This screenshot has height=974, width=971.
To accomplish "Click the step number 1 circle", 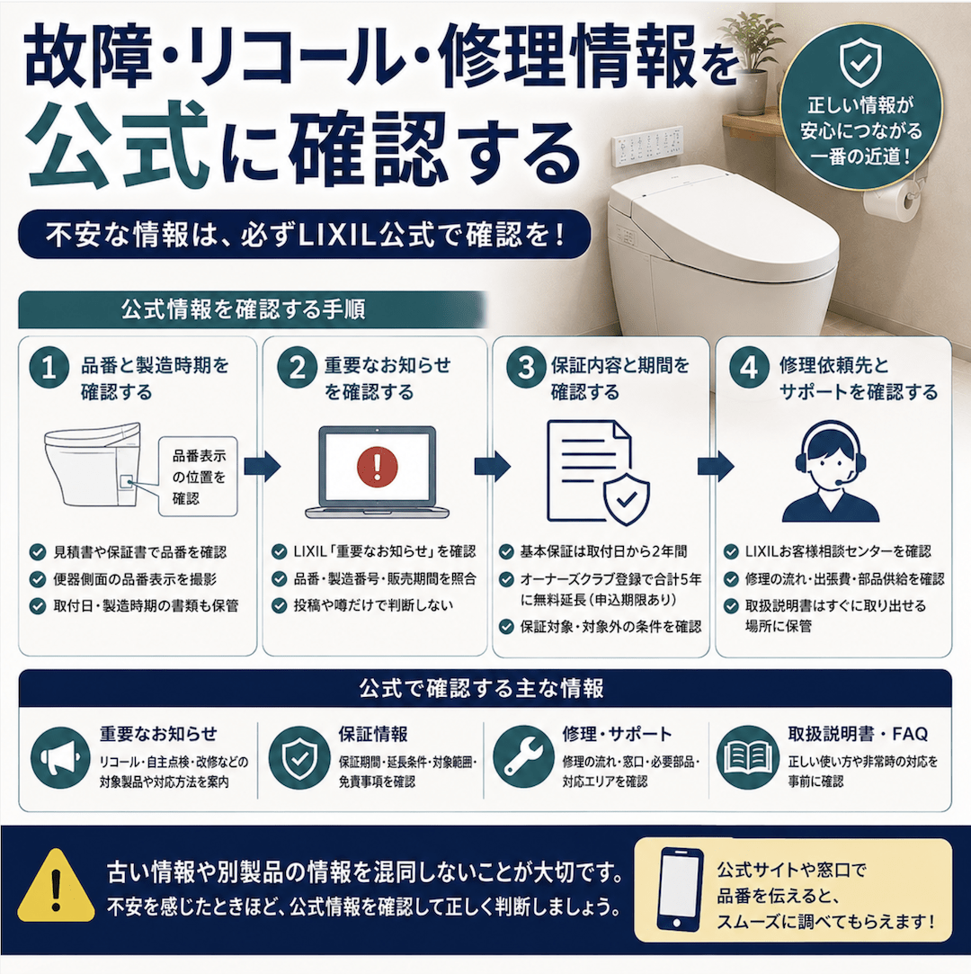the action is [x=49, y=368].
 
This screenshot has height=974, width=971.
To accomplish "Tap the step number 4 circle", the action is [x=749, y=368].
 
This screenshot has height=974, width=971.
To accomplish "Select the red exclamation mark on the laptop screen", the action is [x=377, y=466].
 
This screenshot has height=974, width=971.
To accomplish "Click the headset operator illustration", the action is [x=831, y=471].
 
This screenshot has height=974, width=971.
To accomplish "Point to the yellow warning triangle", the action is [x=56, y=886].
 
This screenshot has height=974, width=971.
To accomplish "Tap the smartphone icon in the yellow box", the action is [x=680, y=889].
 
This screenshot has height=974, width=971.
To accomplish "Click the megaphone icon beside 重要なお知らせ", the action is [x=60, y=758].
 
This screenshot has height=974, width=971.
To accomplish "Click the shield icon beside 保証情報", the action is [x=299, y=757].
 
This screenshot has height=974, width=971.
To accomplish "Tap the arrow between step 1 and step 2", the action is [x=262, y=466].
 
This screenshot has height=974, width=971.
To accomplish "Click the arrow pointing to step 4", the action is [x=716, y=466].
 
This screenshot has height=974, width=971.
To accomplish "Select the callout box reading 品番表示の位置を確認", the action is [x=198, y=477].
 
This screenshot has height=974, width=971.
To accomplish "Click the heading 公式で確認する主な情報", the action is [x=482, y=688].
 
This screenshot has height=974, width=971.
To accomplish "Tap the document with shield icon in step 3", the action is [x=597, y=472].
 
